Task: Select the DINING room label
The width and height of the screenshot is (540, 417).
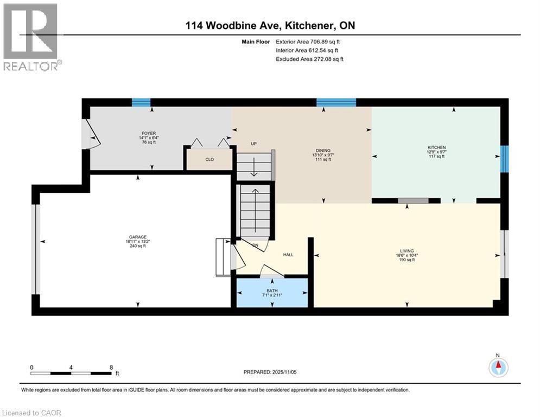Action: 323,151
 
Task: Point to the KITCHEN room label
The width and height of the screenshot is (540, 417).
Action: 436,148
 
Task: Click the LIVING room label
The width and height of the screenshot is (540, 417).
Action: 407,251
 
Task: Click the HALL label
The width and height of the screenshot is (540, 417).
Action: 288,255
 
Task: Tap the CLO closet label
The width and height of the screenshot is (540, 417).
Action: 209,160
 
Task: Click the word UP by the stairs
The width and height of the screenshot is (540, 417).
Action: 253,144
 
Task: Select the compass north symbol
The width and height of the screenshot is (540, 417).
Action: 498,367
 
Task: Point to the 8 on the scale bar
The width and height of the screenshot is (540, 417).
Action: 111,367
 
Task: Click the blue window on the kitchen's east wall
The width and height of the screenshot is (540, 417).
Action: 504,157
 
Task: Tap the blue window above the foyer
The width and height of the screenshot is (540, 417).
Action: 141,102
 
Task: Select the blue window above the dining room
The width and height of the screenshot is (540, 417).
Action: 336,102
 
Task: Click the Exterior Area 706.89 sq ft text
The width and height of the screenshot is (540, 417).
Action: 308,41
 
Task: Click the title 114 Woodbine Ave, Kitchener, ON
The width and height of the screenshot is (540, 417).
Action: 270,26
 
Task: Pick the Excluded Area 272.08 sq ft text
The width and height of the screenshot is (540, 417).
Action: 309,59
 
